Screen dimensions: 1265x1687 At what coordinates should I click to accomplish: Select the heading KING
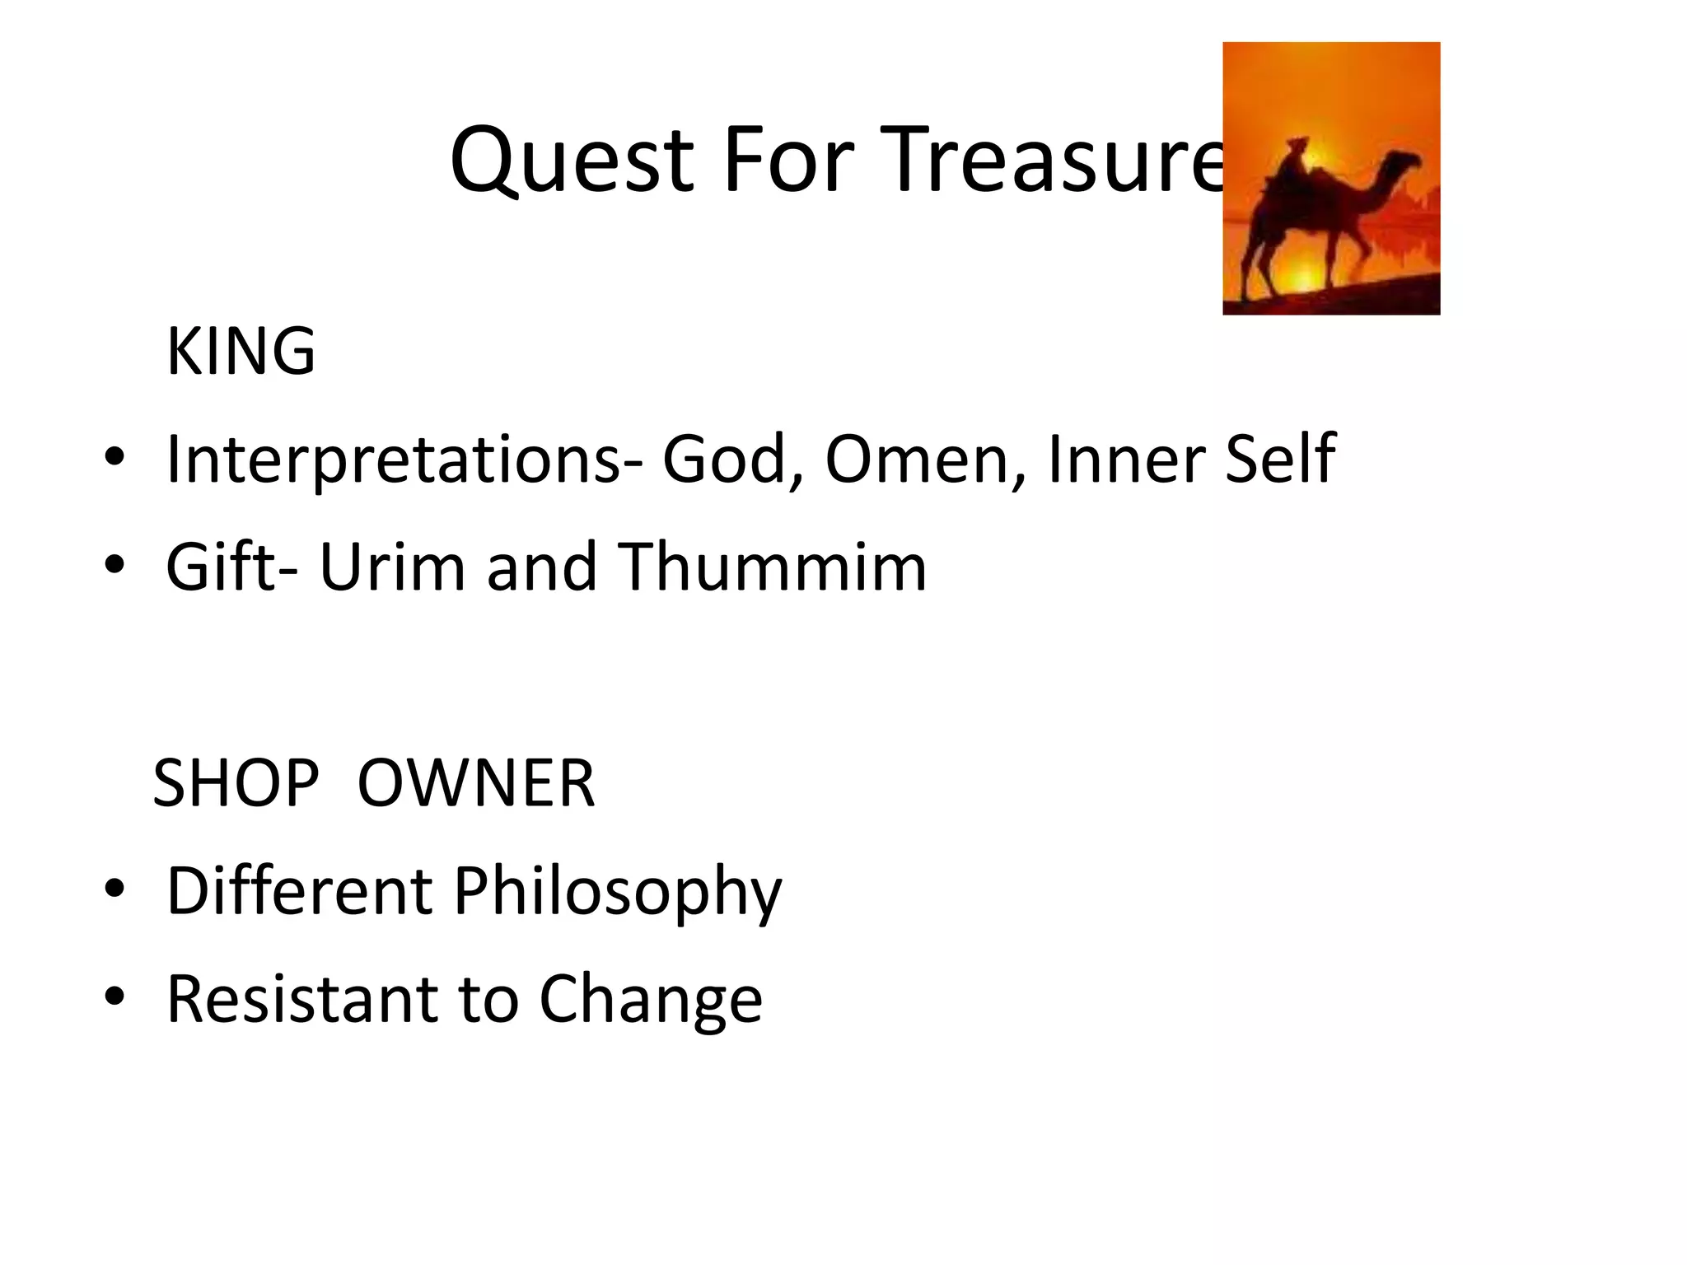click(241, 352)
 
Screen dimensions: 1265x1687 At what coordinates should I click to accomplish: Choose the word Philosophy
click(618, 891)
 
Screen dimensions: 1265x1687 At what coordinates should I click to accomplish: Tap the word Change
click(651, 999)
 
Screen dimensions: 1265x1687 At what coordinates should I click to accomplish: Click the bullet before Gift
click(114, 565)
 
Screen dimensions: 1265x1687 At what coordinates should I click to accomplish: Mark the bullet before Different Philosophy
click(114, 889)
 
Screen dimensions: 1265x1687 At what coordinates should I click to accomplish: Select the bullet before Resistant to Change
click(114, 997)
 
